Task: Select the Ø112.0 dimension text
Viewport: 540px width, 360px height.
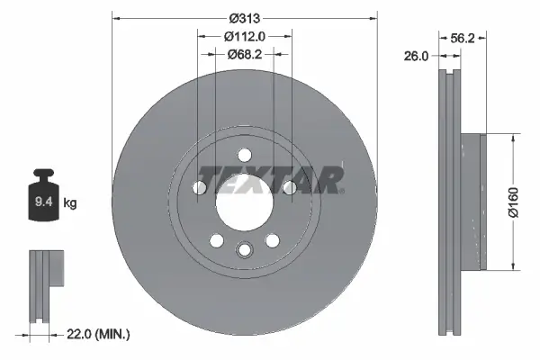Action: [244, 36]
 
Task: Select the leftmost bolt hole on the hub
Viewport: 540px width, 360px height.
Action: [199, 187]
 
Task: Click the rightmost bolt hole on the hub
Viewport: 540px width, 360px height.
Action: [289, 187]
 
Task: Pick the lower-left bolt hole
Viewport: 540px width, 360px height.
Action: [216, 240]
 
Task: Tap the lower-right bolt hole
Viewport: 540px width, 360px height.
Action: [272, 240]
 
